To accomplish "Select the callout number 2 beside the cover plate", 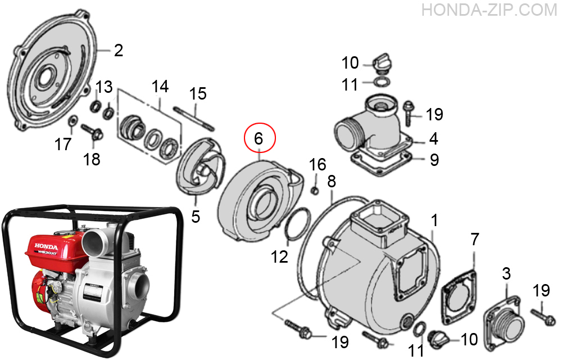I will tap(118, 51).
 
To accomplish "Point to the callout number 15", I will tap(198, 94).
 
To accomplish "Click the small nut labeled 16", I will tap(315, 190).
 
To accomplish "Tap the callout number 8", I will tap(332, 181).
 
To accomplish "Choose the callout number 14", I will tap(160, 87).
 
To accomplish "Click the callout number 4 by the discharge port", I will tap(434, 138).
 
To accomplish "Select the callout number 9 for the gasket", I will tap(434, 160).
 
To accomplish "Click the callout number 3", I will tap(506, 274).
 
